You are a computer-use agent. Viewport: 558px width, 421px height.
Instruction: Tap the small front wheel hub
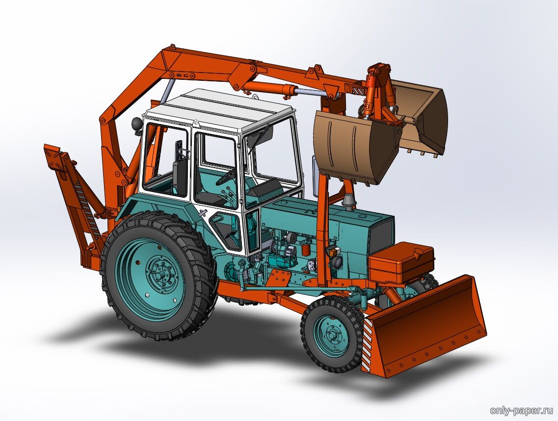click(333, 335)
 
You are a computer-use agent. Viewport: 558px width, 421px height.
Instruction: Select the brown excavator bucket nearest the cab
click(356, 146)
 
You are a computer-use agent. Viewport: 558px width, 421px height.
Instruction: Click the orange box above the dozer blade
click(401, 262)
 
